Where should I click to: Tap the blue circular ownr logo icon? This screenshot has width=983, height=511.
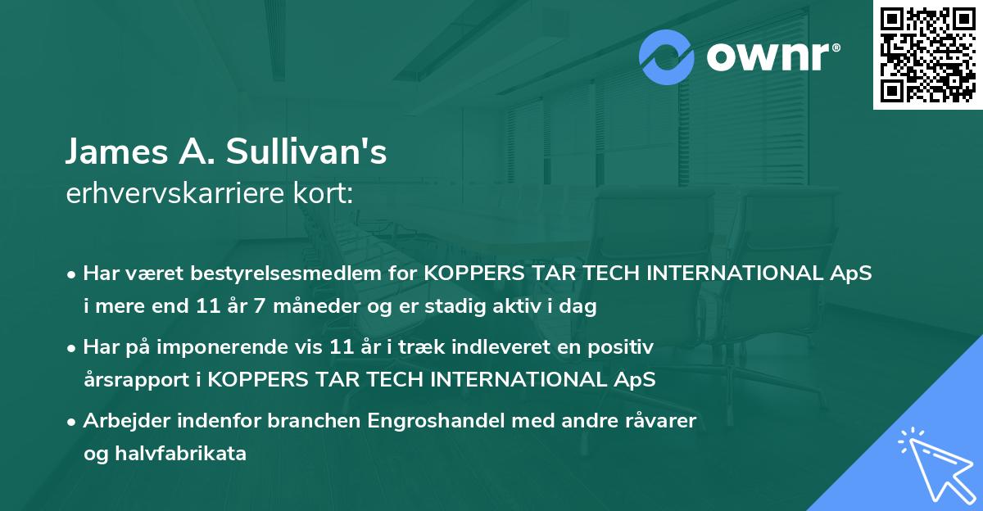[667, 57]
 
